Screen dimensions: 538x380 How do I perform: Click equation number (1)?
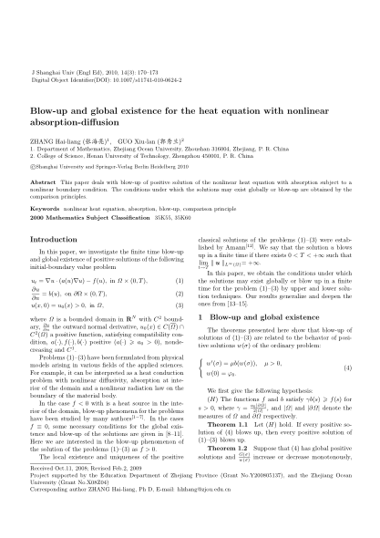click(x=178, y=283)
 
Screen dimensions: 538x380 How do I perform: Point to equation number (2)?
click(x=178, y=295)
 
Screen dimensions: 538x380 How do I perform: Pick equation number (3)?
click(x=178, y=306)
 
